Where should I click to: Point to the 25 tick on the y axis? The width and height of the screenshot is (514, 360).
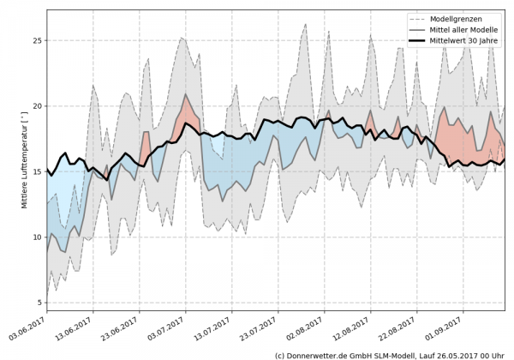coord(38,40)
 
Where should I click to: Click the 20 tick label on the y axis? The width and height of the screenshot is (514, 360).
coord(38,106)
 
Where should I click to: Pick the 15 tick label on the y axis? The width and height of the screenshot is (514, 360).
coord(38,171)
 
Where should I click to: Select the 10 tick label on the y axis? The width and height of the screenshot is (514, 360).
coord(38,237)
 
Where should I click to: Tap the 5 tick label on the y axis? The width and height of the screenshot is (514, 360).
coord(40,303)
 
